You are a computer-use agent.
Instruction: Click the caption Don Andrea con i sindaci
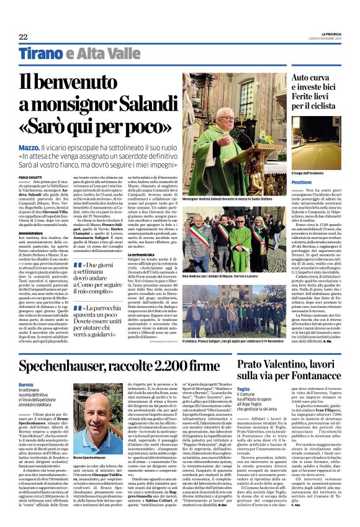point(229,277)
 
